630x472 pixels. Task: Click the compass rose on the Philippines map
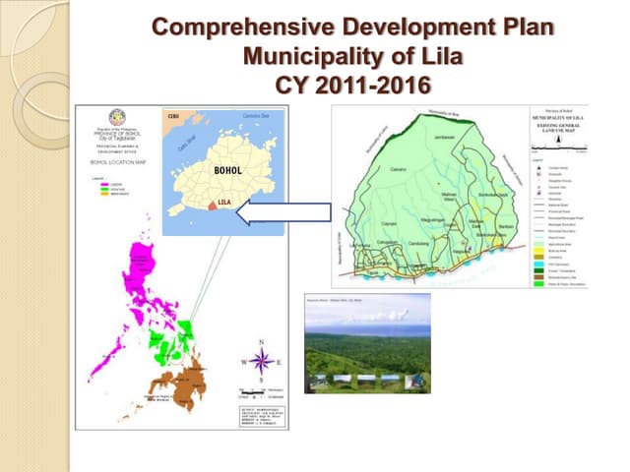click(261, 360)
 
